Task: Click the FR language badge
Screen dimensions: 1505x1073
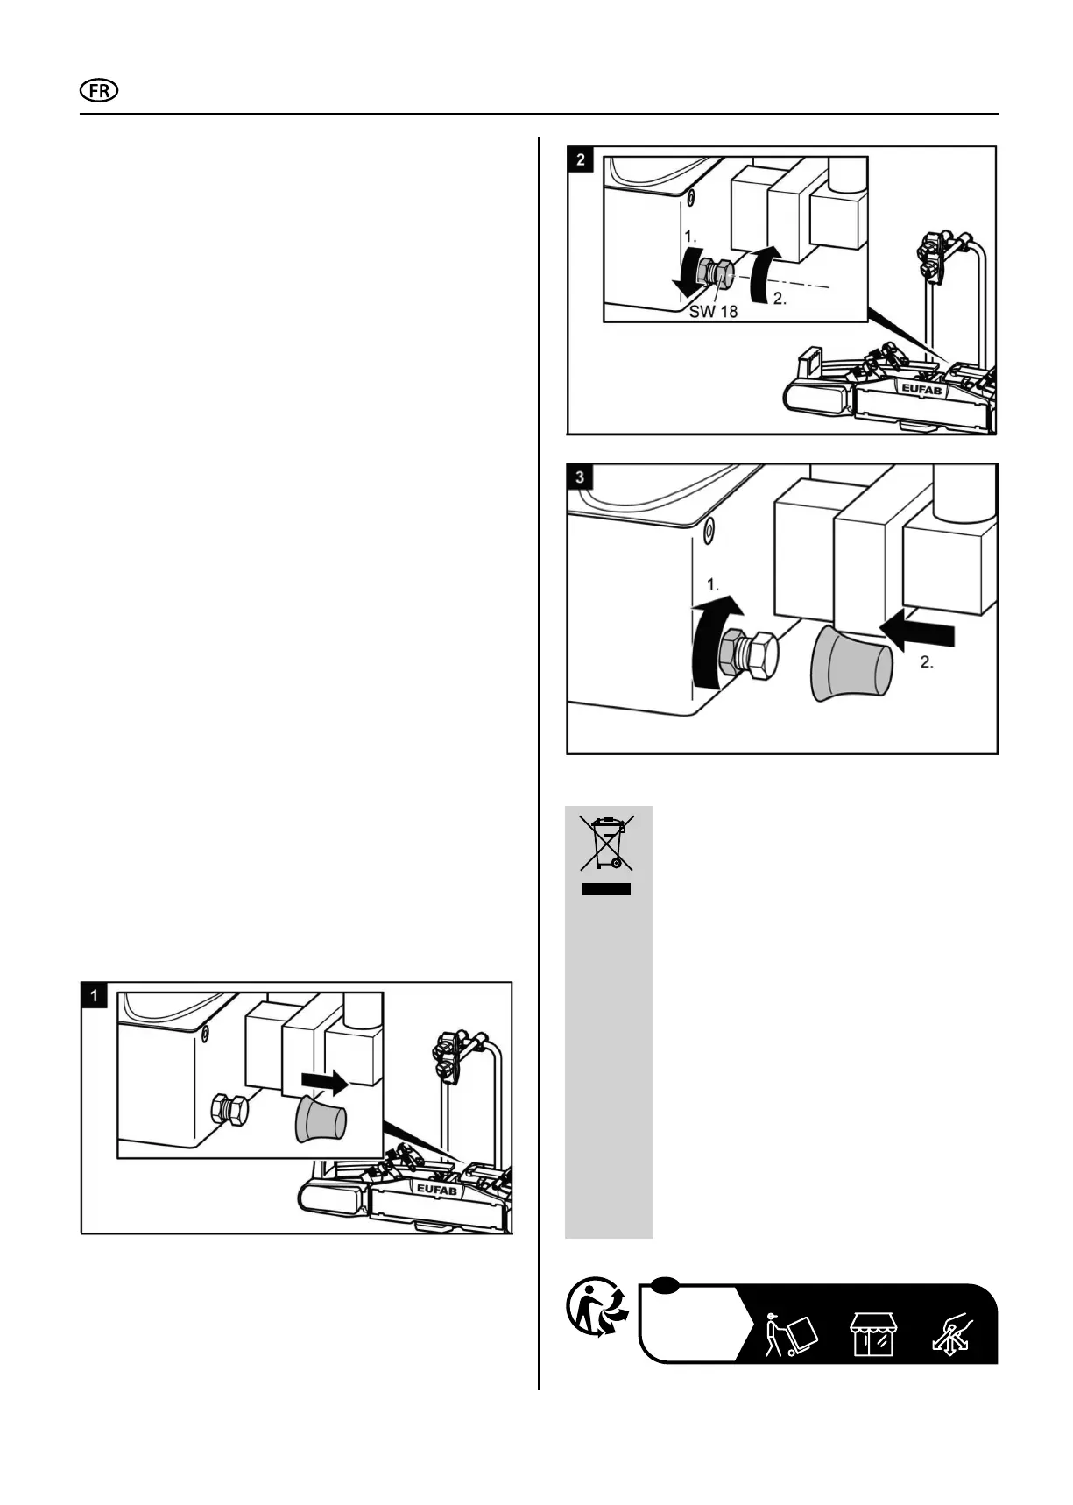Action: tap(99, 91)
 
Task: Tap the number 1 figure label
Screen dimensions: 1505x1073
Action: tap(94, 995)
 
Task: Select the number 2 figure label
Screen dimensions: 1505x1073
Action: tap(581, 159)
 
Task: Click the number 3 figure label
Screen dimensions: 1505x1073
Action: tap(581, 477)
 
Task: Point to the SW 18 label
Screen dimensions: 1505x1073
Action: tap(713, 311)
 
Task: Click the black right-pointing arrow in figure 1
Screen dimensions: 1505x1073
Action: tap(324, 1082)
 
